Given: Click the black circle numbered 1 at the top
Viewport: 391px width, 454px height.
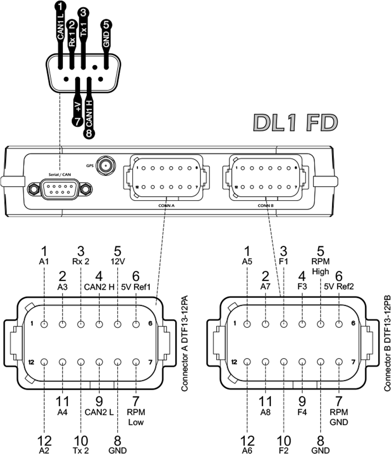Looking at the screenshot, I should (x=61, y=6).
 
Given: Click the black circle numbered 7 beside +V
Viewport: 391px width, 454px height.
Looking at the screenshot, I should (x=77, y=121).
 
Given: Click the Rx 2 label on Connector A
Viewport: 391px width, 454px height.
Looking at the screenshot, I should (x=81, y=262).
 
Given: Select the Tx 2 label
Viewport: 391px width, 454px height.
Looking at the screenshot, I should (x=81, y=450).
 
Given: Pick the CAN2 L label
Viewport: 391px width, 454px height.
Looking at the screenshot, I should (x=99, y=412).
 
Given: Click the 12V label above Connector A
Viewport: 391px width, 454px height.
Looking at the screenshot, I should (x=117, y=262).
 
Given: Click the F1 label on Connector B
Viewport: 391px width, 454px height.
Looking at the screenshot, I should (x=284, y=262).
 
